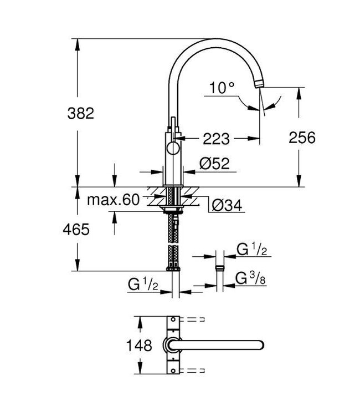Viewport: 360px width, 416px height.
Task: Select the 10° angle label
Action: (222, 87)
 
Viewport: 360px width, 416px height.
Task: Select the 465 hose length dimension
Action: (75, 229)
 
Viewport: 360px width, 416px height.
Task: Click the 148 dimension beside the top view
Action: (138, 347)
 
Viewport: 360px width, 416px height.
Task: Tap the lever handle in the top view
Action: (222, 346)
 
